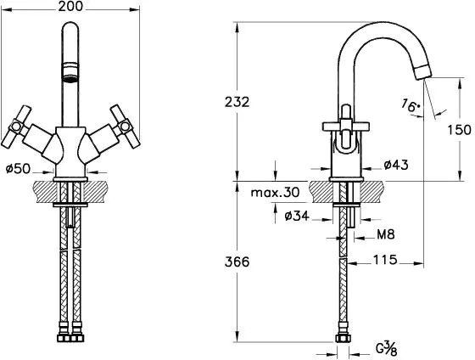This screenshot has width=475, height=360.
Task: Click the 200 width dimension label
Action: coord(70,7)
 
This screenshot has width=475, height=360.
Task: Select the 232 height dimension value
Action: coord(237,102)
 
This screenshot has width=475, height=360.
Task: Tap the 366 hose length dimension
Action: coord(237,262)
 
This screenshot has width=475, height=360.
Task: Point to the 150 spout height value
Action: coord(460,130)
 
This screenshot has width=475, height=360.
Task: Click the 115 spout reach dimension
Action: coord(385,260)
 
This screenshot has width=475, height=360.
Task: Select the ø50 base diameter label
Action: coord(18,169)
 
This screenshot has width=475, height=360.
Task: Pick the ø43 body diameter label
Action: coord(396,165)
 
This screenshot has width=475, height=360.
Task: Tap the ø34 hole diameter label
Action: coord(297,216)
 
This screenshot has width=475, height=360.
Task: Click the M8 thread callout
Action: coord(386,234)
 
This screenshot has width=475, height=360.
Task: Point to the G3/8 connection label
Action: coord(386,348)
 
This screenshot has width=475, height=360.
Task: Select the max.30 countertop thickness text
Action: coord(275,192)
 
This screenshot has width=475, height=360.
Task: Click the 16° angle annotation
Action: coord(411,105)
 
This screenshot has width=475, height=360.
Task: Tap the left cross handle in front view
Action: coord(16,127)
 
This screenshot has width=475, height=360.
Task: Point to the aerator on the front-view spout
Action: coord(70,72)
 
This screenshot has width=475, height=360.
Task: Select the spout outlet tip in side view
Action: coord(422,72)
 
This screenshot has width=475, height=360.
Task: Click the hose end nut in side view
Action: coord(343,338)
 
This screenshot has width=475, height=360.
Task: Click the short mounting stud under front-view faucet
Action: coord(70,217)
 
